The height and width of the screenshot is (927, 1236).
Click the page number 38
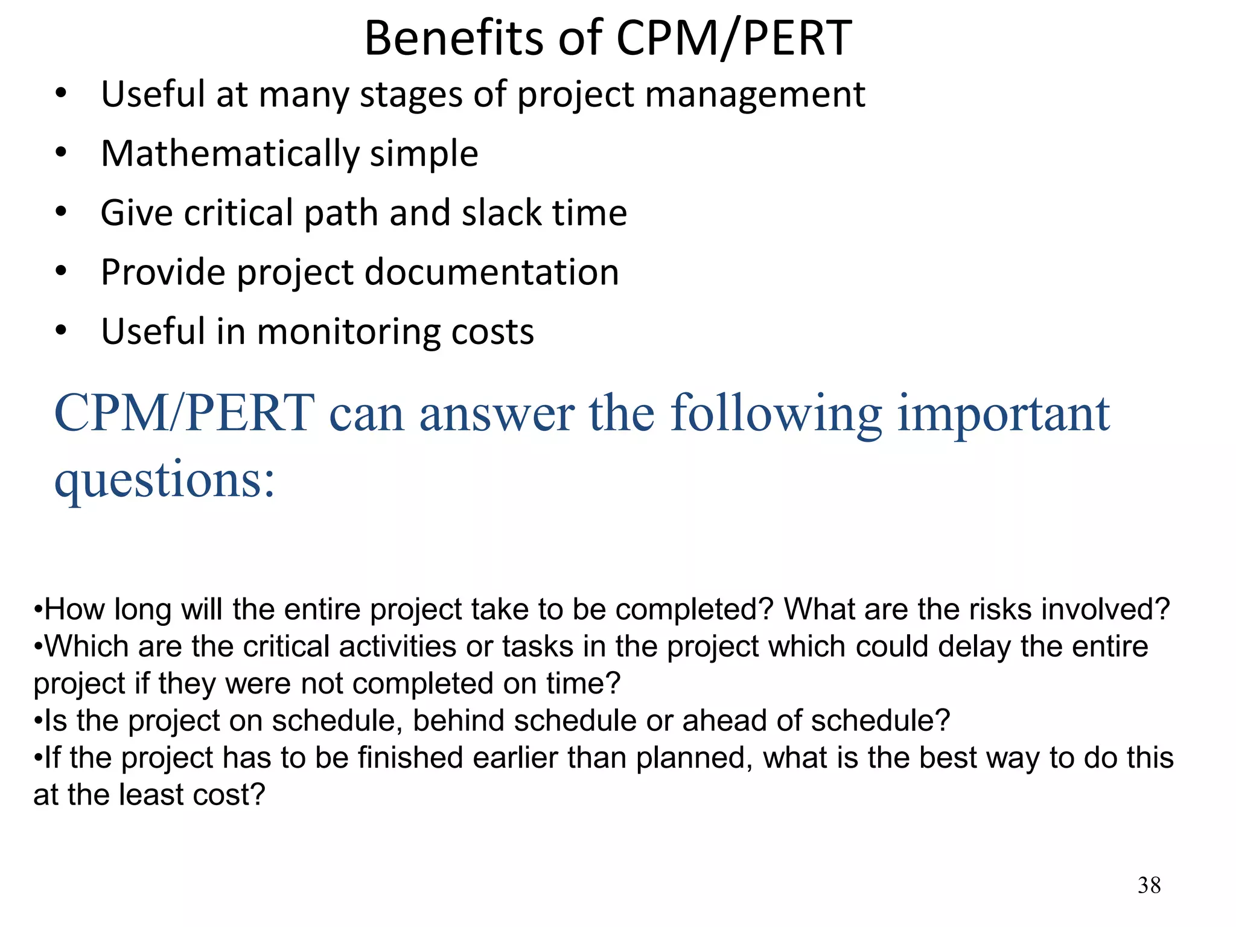coord(1149,885)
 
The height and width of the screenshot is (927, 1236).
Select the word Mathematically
coord(229,153)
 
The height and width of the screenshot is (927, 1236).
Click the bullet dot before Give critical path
coord(60,212)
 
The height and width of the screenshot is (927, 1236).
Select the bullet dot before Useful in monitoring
coord(60,331)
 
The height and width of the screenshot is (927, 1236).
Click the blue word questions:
coord(165,480)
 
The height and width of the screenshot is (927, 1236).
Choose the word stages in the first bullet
coord(412,95)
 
